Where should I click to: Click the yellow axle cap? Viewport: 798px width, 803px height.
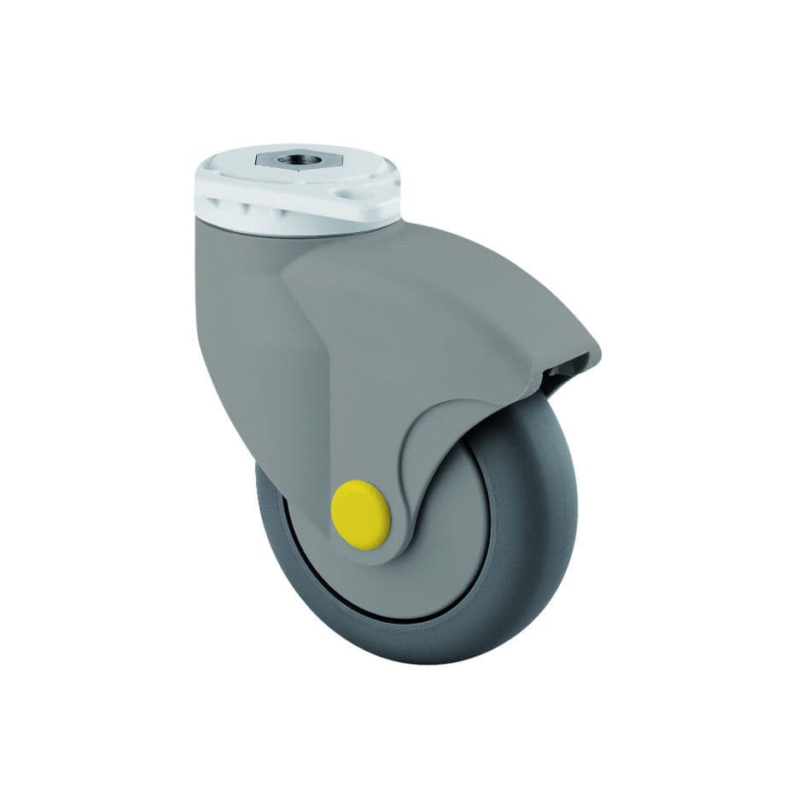click(x=361, y=515)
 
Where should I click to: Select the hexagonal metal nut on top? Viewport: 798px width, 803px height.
click(x=277, y=160)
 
